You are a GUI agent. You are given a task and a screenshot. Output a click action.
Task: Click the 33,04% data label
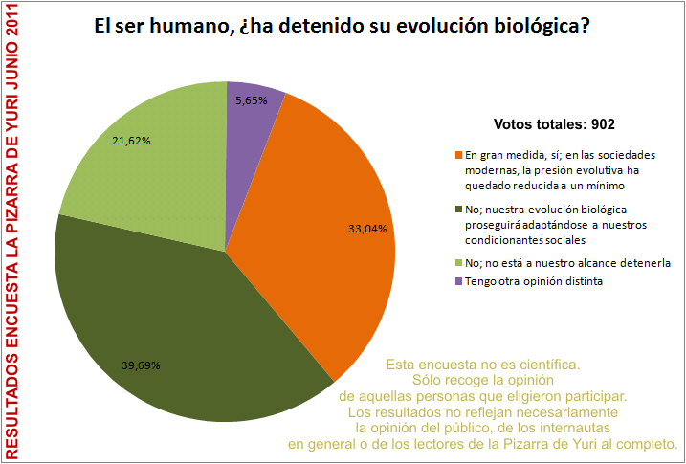tap(367, 229)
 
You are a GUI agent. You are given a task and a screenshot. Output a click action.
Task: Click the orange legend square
tap(458, 155)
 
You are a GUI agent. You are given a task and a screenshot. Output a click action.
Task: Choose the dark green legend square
tap(458, 209)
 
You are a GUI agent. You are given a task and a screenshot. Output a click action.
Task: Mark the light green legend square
tap(458, 262)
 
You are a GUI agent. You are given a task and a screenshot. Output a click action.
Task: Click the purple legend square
tap(458, 281)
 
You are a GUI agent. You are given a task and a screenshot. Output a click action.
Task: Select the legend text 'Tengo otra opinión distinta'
tap(532, 281)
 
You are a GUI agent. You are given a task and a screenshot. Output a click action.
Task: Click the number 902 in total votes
tap(602, 124)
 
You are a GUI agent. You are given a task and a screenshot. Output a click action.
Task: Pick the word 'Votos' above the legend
tap(515, 124)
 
